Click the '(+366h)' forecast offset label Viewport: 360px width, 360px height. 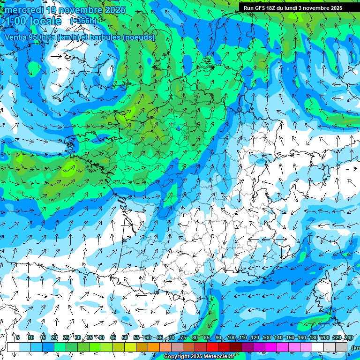click(83, 21)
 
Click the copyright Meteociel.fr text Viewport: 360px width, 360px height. click(199, 357)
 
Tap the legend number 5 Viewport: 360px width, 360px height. click(18, 337)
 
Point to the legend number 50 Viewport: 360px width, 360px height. click(125, 337)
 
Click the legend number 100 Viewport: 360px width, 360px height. click(232, 337)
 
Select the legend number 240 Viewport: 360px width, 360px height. click(349, 337)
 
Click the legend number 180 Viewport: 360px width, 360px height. click(314, 337)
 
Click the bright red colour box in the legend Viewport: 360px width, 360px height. click(212, 347)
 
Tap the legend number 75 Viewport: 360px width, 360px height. click(183, 337)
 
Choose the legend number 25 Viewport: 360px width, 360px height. click(66, 337)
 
